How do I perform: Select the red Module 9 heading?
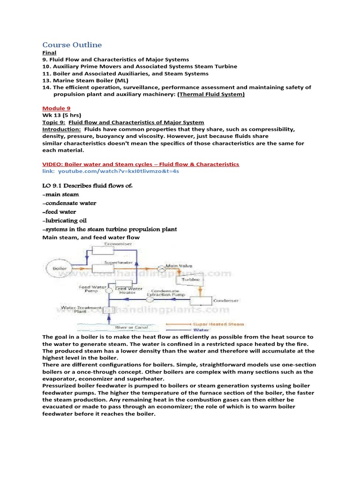click(x=56, y=108)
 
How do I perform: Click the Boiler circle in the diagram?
click(x=60, y=269)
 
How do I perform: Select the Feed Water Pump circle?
click(x=109, y=290)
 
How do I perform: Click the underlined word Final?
click(x=49, y=53)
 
